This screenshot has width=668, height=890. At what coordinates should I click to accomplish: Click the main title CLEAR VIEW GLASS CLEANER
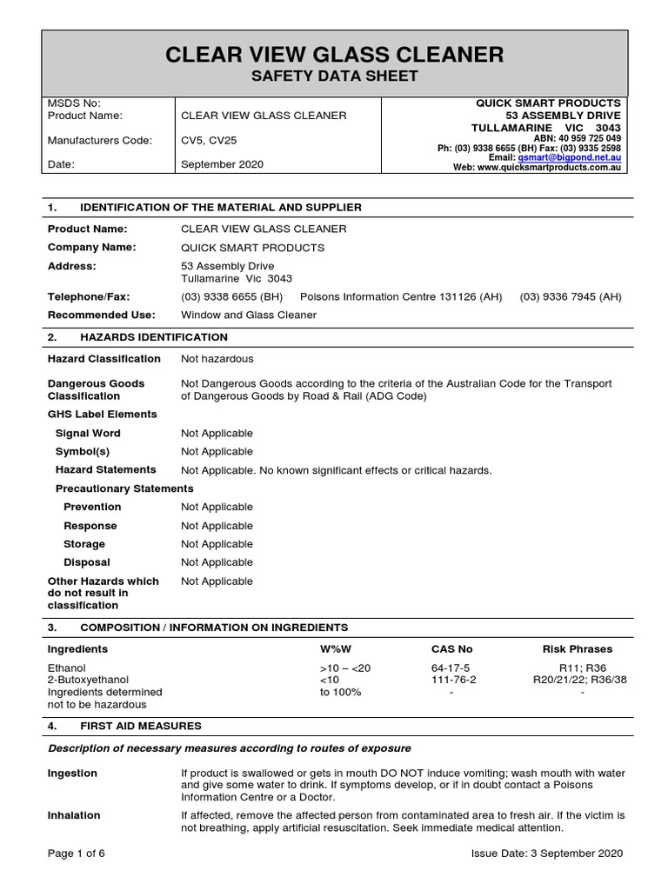(335, 55)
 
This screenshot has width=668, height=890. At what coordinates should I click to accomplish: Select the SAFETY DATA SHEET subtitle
(335, 77)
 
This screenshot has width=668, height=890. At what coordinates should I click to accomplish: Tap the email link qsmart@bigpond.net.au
(569, 157)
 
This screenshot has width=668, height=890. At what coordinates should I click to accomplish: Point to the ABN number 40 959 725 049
(590, 138)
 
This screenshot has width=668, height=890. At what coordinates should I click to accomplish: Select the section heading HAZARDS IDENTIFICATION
(154, 337)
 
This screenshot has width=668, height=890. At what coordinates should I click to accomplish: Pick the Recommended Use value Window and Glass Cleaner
(249, 315)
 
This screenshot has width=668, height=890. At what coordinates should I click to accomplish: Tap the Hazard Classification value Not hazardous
(217, 358)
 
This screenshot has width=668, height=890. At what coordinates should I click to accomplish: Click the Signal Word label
(88, 433)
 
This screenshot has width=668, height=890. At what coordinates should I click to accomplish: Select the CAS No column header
(451, 649)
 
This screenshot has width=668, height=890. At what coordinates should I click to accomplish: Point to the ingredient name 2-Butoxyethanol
(88, 680)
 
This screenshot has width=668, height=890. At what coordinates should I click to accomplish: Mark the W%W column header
(336, 649)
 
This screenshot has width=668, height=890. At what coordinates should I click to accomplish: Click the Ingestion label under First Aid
(72, 774)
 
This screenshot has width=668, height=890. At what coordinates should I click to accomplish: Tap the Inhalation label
(74, 815)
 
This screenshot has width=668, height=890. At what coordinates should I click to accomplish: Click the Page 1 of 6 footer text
(77, 853)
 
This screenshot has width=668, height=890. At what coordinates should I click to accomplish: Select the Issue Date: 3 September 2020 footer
(547, 853)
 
